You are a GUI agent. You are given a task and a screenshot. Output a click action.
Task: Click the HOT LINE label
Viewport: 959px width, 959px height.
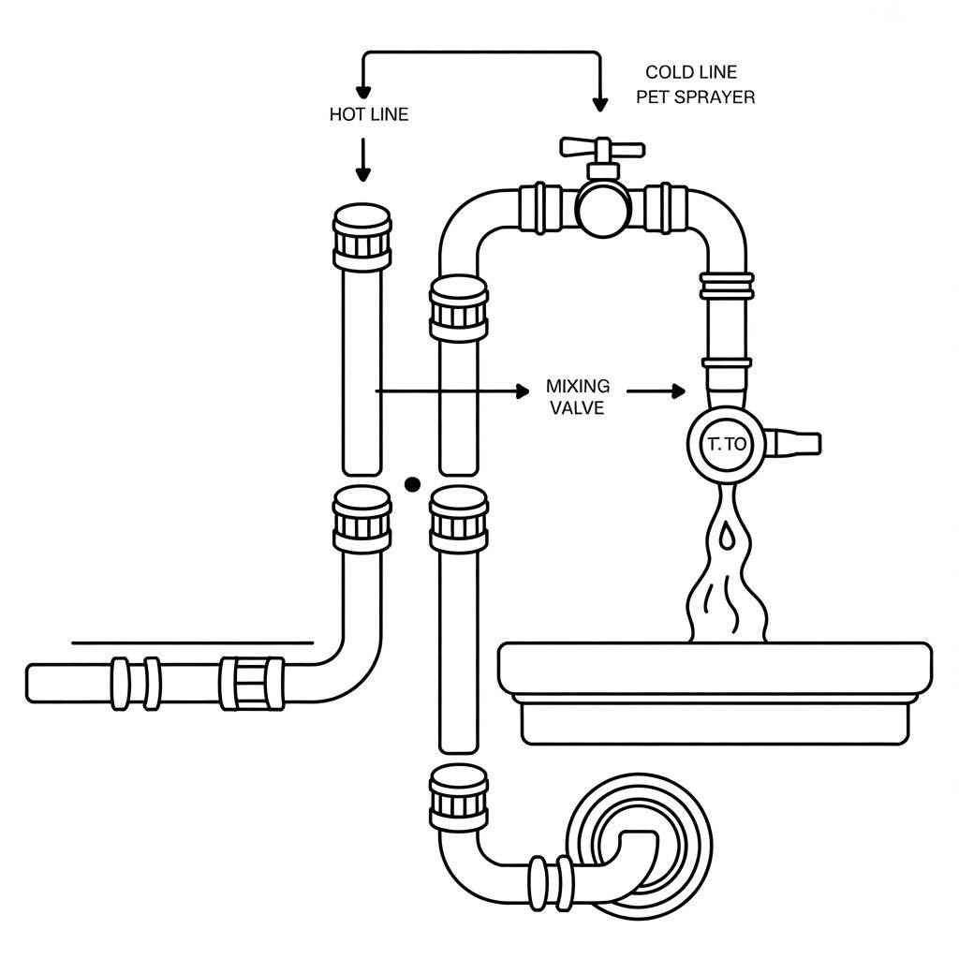[x=369, y=114]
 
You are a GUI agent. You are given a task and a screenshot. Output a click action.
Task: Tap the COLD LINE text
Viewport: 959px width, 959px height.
[x=691, y=72]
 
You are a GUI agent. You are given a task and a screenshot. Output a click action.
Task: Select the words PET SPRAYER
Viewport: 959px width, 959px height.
[x=696, y=97]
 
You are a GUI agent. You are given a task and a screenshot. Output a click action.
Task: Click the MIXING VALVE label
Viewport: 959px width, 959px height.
[x=577, y=397]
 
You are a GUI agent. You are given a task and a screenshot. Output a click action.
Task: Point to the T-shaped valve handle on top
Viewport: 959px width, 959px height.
[x=602, y=149]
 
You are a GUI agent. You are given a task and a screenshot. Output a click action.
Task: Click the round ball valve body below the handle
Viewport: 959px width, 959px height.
[x=603, y=208]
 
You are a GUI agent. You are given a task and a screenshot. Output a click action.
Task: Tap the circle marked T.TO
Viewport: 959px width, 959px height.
[x=727, y=444]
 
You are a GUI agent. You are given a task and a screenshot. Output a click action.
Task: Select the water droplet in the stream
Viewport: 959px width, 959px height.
[x=726, y=535]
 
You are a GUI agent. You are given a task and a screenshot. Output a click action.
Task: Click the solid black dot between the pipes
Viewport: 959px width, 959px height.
[x=413, y=485]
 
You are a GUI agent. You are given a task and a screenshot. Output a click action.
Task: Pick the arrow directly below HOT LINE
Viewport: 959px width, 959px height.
[x=363, y=160]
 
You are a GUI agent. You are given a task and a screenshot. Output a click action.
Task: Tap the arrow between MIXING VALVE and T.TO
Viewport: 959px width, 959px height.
[x=657, y=391]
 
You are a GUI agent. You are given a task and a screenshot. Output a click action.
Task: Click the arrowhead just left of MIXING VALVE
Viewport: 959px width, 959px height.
[x=523, y=391]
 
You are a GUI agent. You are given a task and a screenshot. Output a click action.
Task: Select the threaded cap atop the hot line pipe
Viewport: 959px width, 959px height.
[x=362, y=237]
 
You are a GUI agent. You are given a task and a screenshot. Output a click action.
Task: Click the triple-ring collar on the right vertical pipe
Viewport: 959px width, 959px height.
[x=727, y=286]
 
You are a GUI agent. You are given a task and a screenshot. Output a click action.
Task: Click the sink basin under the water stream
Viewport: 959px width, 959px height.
[x=716, y=694]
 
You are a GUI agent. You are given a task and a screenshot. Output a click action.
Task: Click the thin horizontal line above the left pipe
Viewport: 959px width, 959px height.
[x=193, y=643]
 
